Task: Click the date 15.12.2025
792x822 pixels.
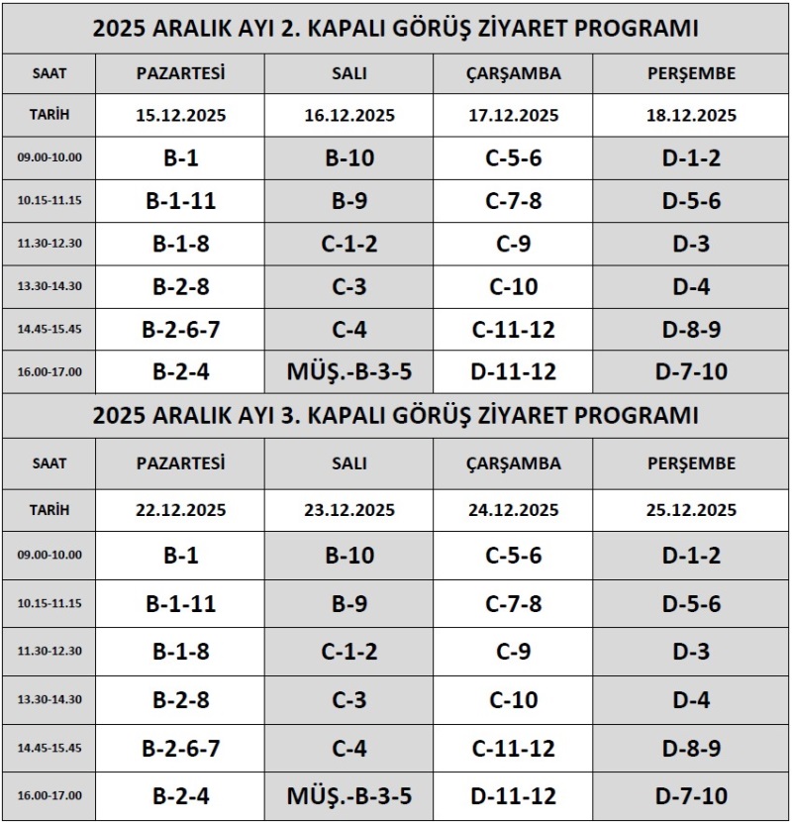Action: click(x=181, y=116)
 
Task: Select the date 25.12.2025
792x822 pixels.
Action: click(x=692, y=511)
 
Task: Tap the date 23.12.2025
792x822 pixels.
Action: click(x=349, y=511)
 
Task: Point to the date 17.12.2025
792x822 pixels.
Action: click(x=514, y=116)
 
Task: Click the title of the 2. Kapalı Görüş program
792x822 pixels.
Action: click(x=396, y=29)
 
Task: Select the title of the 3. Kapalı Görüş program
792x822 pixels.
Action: click(x=396, y=415)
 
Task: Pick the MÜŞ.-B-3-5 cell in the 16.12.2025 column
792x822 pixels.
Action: click(x=349, y=371)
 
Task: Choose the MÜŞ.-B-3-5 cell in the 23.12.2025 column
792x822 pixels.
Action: click(x=349, y=795)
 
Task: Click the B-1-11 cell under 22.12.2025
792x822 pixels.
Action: click(x=181, y=603)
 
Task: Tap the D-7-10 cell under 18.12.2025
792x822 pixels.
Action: click(x=692, y=371)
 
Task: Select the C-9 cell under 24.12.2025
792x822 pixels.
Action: click(x=514, y=652)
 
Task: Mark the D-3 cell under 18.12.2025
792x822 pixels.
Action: click(x=692, y=244)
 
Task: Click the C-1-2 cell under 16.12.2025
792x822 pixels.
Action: click(x=349, y=244)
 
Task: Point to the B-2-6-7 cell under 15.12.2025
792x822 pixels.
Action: click(x=181, y=329)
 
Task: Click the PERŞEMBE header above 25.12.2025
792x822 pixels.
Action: click(x=692, y=463)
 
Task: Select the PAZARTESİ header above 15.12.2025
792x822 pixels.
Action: click(x=181, y=73)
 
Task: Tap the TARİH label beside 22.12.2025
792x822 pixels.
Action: click(x=49, y=511)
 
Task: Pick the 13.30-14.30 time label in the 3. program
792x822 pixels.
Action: click(x=49, y=700)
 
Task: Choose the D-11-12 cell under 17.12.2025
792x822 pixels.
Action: click(x=514, y=371)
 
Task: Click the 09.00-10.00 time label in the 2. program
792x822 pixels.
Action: click(x=49, y=158)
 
